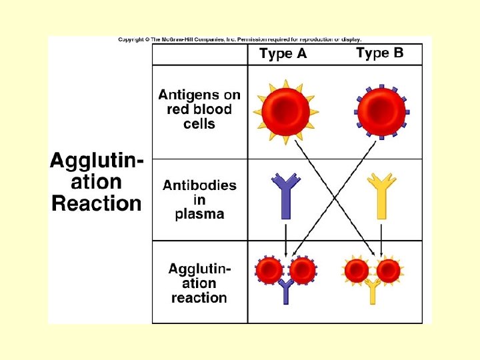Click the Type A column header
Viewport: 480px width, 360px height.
click(283, 54)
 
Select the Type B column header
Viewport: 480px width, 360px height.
click(379, 53)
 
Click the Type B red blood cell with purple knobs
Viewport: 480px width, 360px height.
click(381, 111)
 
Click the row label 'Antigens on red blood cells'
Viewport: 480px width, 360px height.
click(199, 109)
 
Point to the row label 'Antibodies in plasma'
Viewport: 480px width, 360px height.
click(199, 199)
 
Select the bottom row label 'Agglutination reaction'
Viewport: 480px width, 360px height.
click(199, 283)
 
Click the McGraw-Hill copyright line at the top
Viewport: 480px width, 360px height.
click(240, 40)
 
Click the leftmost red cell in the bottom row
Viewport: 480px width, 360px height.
click(270, 270)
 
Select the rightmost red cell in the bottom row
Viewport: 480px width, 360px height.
click(389, 270)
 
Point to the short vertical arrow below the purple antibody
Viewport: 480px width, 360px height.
click(286, 240)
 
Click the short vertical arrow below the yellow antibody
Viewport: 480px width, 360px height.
click(381, 240)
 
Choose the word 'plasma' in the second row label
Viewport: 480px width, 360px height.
click(199, 214)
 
